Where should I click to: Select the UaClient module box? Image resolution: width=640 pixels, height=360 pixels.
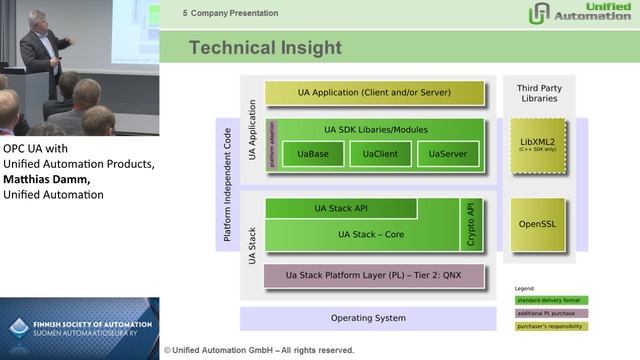(x=379, y=154)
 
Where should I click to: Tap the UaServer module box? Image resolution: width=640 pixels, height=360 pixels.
(x=446, y=154)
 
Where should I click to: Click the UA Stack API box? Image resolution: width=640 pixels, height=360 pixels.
(x=340, y=208)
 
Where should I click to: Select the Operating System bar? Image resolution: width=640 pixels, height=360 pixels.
(x=368, y=318)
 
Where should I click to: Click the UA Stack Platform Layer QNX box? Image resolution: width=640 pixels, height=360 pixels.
(x=374, y=275)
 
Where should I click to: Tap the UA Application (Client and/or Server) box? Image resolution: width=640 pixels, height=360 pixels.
(x=374, y=93)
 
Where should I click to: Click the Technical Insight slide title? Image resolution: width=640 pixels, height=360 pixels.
(x=266, y=48)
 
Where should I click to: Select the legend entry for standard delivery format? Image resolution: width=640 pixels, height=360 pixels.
(x=551, y=299)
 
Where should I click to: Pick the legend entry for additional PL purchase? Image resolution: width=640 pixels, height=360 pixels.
(x=551, y=312)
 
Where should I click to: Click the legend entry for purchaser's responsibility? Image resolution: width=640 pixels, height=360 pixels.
(x=551, y=326)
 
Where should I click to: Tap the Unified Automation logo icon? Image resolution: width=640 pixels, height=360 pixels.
(x=539, y=13)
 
